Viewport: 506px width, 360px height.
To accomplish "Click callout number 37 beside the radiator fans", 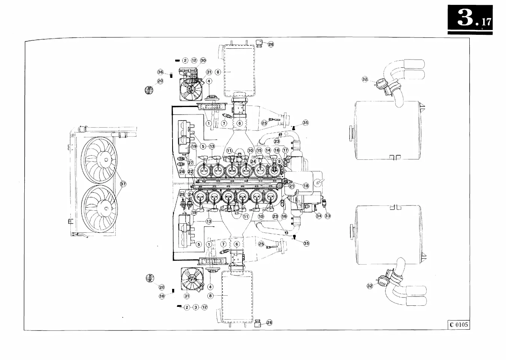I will click(x=123, y=184).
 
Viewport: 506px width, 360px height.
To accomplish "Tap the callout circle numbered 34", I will click(x=319, y=216).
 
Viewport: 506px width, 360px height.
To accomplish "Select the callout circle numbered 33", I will click(x=328, y=216).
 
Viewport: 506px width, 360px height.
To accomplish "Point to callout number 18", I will click(x=306, y=186).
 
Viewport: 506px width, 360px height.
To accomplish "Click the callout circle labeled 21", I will click(x=292, y=186).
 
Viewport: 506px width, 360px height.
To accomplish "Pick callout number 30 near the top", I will click(x=203, y=60).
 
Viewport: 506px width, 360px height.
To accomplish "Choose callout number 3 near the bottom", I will click(x=195, y=307).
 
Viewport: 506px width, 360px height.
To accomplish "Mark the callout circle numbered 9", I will click(x=279, y=161).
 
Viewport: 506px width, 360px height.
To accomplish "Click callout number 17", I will click(x=286, y=150).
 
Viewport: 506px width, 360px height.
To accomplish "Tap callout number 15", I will click(x=259, y=150).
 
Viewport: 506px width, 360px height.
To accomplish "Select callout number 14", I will click(x=268, y=150).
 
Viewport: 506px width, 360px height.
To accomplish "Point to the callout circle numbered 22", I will click(x=190, y=171).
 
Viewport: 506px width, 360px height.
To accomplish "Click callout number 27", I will click(x=190, y=163).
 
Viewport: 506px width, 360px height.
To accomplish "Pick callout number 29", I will click(x=182, y=194).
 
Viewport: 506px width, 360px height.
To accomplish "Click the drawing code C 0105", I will click(x=458, y=324).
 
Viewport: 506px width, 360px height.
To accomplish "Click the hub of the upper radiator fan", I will click(x=106, y=160).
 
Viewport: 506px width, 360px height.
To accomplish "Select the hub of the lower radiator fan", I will click(x=106, y=208).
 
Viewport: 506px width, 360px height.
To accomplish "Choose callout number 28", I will click(x=182, y=171).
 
